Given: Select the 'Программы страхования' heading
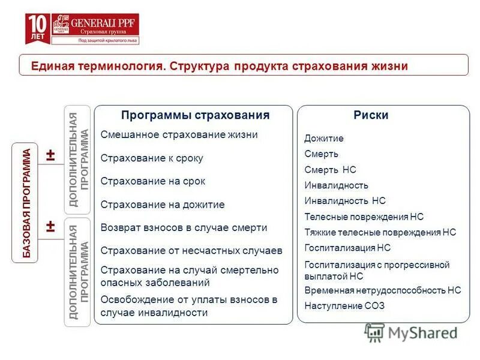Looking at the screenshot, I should tap(195, 115).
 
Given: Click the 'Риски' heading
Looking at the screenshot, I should tap(370, 115).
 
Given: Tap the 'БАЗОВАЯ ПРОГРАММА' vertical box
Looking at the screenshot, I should tap(26, 203).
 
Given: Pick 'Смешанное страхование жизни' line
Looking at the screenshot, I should tap(179, 134).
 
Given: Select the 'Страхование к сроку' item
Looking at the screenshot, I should tap(152, 158).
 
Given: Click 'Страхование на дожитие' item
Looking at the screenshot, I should tap(163, 205).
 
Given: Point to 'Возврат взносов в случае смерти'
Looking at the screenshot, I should tap(184, 228).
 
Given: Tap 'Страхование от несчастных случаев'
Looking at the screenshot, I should tap(191, 250).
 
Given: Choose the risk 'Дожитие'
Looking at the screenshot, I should tap(324, 139).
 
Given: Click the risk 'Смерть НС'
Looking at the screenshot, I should tap(330, 170).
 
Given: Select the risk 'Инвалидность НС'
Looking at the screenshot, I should tap(345, 201).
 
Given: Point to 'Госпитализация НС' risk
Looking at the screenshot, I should tap(347, 247).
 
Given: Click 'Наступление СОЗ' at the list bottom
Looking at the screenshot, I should tap(344, 305).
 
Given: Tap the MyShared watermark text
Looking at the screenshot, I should tap(423, 333).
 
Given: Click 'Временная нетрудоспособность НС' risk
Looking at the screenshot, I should tap(382, 290).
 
